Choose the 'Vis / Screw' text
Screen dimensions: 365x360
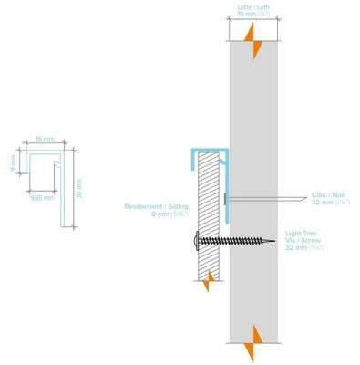300,241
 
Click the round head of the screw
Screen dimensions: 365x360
196,240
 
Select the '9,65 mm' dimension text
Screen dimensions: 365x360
41,195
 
